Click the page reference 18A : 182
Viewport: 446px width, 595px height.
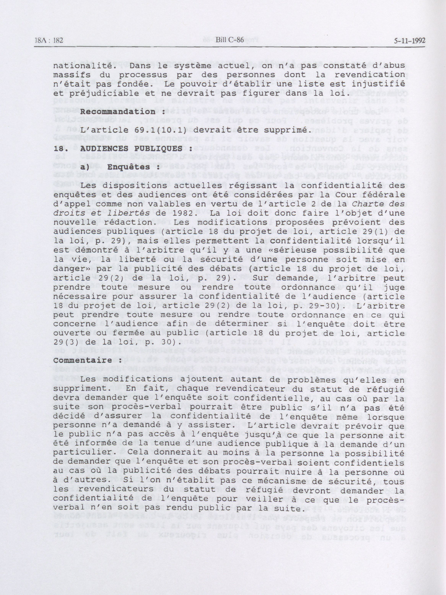tap(49, 41)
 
